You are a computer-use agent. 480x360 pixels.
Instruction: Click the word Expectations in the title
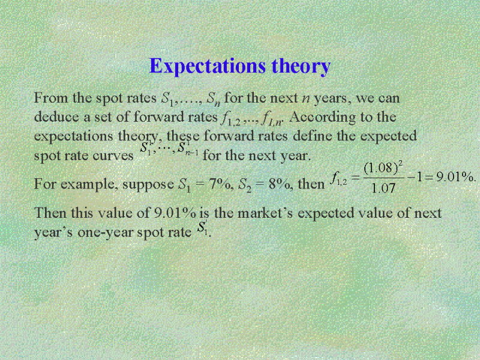207,66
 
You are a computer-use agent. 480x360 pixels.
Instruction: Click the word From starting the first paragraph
51,98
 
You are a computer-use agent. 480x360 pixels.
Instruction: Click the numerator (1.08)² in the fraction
383,168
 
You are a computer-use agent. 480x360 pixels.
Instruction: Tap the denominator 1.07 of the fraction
383,188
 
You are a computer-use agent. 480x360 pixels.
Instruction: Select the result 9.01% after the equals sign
456,177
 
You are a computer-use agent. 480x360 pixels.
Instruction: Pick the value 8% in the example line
279,184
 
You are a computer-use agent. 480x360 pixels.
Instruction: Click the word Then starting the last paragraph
50,213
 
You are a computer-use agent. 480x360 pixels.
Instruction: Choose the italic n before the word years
305,99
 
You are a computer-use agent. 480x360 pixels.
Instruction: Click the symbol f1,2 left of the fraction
338,179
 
